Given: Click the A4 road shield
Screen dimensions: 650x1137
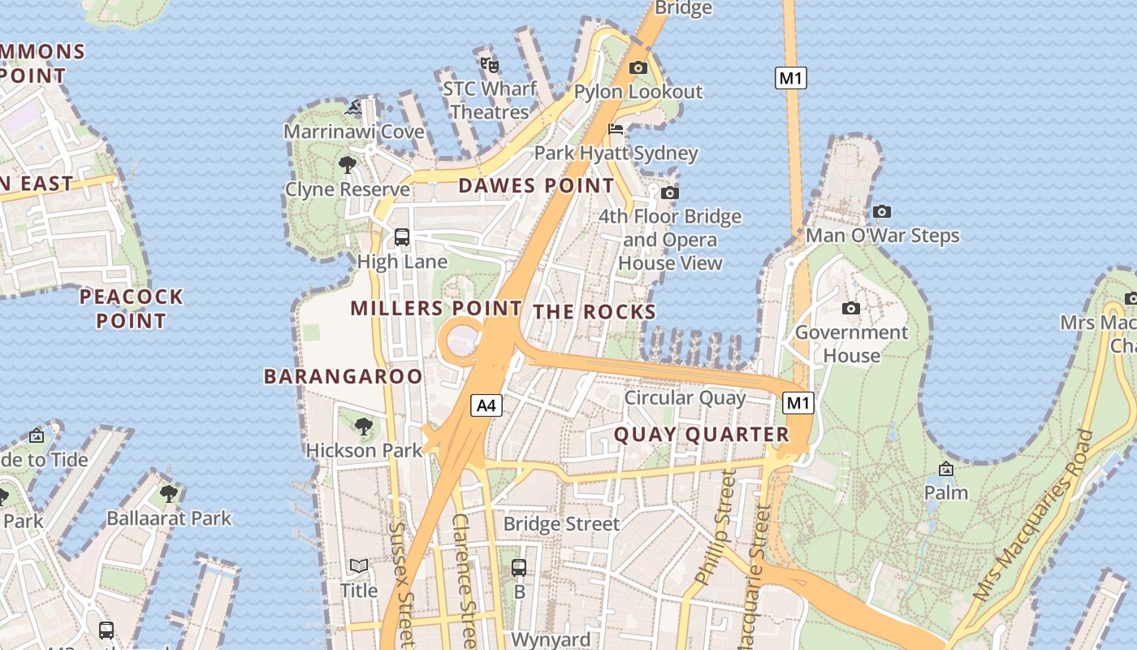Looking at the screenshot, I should pyautogui.click(x=486, y=405).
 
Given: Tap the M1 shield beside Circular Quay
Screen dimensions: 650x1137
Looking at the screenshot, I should pyautogui.click(x=798, y=402).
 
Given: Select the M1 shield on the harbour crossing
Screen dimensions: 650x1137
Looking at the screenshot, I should pyautogui.click(x=791, y=78).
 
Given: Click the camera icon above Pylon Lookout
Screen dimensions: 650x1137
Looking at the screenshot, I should pyautogui.click(x=638, y=67).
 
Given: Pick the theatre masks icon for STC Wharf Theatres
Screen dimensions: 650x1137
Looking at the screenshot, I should pyautogui.click(x=489, y=64).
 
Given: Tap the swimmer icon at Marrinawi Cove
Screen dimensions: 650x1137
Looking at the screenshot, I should pyautogui.click(x=354, y=107).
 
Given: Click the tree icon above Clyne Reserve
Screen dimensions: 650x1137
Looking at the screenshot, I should pyautogui.click(x=348, y=166).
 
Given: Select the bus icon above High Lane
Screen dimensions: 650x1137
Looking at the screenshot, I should pyautogui.click(x=402, y=237).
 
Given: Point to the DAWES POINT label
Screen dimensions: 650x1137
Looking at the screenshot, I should pyautogui.click(x=536, y=185).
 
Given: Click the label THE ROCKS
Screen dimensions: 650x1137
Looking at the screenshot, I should pyautogui.click(x=594, y=312).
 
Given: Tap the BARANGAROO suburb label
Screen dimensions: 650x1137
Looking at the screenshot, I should pyautogui.click(x=343, y=376).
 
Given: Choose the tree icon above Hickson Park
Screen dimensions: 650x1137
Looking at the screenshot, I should pyautogui.click(x=364, y=426).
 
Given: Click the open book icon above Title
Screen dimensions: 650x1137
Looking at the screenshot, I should pyautogui.click(x=359, y=565).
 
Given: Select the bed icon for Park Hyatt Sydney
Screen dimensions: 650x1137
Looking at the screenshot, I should pyautogui.click(x=616, y=129).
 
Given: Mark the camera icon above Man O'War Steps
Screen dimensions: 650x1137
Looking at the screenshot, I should pyautogui.click(x=882, y=212).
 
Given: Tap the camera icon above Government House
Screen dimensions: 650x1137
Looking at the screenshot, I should pyautogui.click(x=851, y=308).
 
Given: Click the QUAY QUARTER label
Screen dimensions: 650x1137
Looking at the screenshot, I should pyautogui.click(x=701, y=435).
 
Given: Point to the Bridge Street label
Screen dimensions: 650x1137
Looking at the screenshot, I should pyautogui.click(x=561, y=524).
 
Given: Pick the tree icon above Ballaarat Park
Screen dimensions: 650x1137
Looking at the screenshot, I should pyautogui.click(x=169, y=493).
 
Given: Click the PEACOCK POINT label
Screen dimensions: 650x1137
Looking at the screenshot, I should pyautogui.click(x=131, y=309).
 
